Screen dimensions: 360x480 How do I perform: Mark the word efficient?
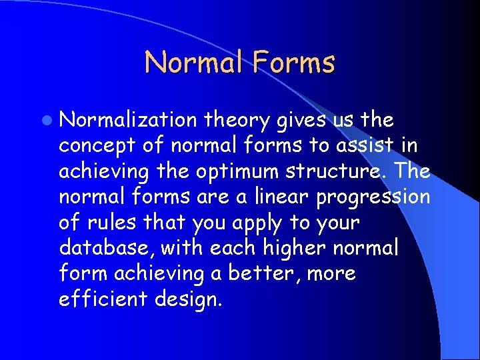coord(101,299)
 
